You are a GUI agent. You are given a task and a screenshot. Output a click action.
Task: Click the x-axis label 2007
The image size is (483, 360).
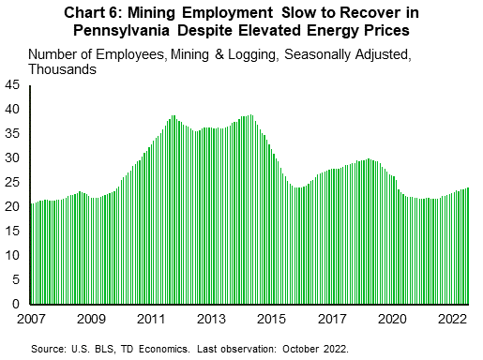coord(31,320)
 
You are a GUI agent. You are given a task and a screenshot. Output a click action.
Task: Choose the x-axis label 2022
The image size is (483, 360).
coord(453,320)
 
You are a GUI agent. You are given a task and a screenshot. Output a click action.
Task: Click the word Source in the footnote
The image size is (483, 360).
coord(45,348)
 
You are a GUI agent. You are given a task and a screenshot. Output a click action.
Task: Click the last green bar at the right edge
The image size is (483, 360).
coord(468,246)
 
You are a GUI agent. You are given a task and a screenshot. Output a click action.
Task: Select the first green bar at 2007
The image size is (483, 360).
coord(32,253)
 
